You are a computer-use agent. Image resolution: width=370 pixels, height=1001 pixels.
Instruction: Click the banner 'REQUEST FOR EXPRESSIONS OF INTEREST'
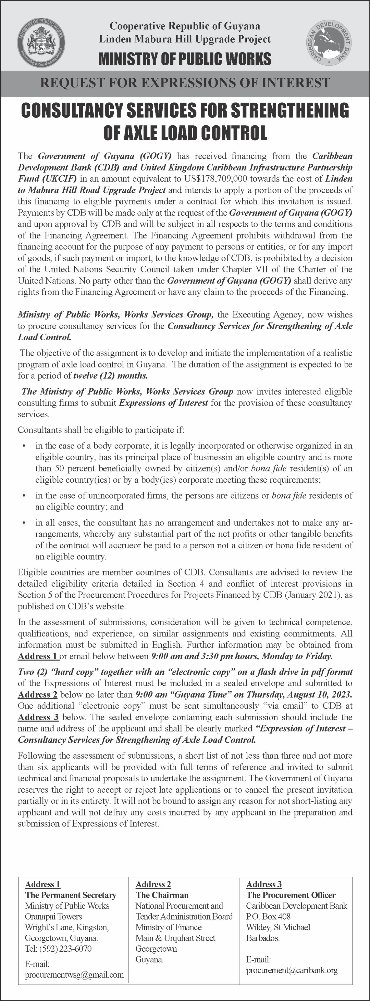click(x=185, y=83)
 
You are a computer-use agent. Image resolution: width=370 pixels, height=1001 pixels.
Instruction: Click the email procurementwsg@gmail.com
click(x=74, y=975)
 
